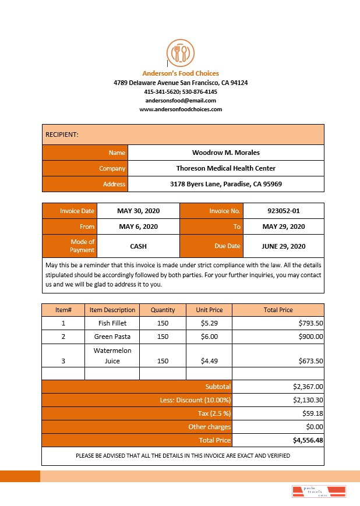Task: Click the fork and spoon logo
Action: (x=180, y=53)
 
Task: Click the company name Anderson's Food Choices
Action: (x=181, y=73)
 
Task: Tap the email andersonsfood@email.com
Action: (x=181, y=100)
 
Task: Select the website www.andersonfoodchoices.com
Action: (x=181, y=109)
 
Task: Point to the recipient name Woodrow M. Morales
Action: (x=225, y=153)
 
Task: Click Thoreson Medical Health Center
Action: (x=225, y=168)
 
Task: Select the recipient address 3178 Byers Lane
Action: (x=225, y=184)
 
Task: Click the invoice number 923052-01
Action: (x=283, y=211)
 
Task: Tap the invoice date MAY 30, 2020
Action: (x=138, y=211)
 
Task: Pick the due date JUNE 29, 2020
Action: (x=283, y=246)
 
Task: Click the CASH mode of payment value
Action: (x=138, y=246)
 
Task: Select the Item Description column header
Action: (x=112, y=310)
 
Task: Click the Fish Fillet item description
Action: (x=112, y=323)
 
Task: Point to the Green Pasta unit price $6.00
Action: (x=209, y=337)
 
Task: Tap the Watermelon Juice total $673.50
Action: (x=310, y=361)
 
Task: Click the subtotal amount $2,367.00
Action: (x=308, y=386)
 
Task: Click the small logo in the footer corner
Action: (x=319, y=490)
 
